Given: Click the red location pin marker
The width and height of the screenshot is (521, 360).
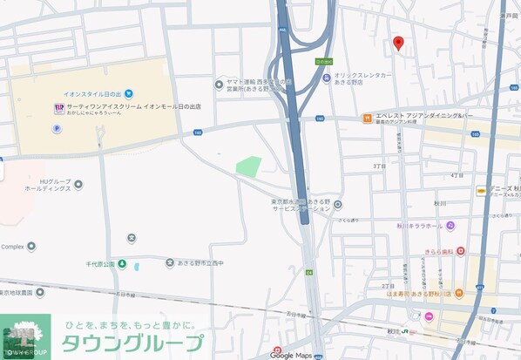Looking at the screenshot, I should click(x=398, y=43).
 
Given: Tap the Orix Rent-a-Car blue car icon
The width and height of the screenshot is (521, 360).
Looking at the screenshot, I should click(x=326, y=78).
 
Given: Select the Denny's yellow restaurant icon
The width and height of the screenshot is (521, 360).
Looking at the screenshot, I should click(x=481, y=191).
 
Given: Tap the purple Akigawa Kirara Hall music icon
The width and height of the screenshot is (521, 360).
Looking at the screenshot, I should click(x=450, y=225).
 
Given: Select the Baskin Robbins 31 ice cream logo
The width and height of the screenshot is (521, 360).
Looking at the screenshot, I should click(x=59, y=108).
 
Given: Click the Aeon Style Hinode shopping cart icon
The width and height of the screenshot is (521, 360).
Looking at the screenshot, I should click(x=129, y=92).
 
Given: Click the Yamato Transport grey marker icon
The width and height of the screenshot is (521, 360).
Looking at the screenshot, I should click(x=219, y=85).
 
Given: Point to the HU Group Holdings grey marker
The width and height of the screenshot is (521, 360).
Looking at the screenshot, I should click(x=78, y=185).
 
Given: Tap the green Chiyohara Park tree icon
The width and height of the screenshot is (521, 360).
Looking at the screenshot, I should click(x=123, y=263).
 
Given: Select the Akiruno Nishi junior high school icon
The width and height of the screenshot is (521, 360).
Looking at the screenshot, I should click(x=169, y=262).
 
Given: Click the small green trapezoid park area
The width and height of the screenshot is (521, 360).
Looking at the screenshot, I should click(x=248, y=166).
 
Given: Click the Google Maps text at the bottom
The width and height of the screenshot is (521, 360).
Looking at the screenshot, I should click(x=290, y=354).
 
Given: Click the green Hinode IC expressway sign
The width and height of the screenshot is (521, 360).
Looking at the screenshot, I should click(x=323, y=62).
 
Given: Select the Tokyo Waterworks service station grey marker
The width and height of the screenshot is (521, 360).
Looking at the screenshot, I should click(x=337, y=205).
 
